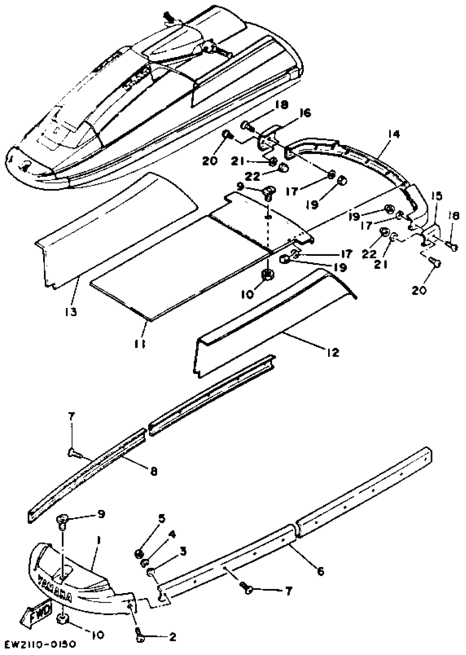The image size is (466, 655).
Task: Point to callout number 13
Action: pyautogui.click(x=71, y=312)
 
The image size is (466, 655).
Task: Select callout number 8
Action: pyautogui.click(x=154, y=472)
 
